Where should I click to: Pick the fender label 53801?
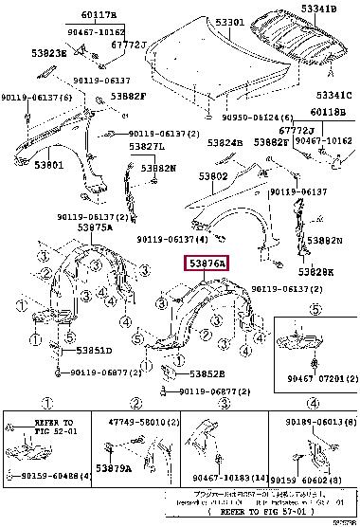[x=49, y=165]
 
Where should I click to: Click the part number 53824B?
[x=225, y=143]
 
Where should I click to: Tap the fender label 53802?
[x=213, y=176]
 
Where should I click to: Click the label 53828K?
[x=317, y=272]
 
